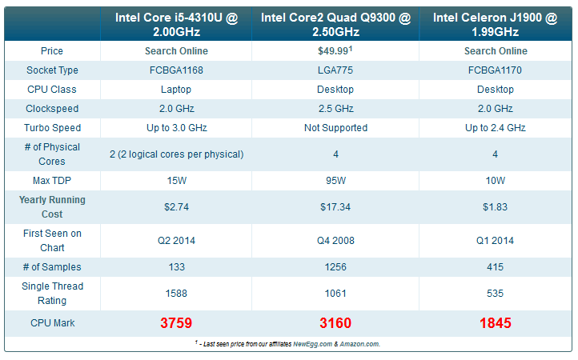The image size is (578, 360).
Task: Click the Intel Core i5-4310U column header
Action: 176,25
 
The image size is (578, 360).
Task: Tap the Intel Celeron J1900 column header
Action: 496,25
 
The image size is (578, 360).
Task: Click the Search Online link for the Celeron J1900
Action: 496,51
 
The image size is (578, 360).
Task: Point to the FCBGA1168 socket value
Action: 176,70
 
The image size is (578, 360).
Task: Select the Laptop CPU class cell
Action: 176,90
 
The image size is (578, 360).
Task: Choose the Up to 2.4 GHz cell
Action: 496,128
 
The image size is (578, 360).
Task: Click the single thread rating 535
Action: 496,294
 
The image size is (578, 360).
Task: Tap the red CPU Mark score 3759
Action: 176,323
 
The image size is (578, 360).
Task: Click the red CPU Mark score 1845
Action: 496,323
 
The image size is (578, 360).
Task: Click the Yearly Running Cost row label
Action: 52,207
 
